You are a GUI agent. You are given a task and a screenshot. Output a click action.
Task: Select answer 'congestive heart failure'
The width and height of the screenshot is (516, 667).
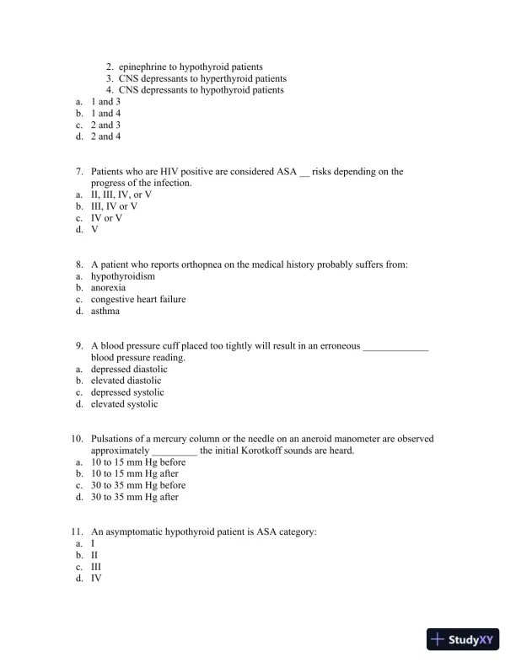point(138,299)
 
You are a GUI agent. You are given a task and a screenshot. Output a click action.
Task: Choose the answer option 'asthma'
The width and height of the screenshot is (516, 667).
point(105,311)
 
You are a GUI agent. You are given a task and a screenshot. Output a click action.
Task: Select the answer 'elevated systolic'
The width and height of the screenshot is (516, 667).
point(125,404)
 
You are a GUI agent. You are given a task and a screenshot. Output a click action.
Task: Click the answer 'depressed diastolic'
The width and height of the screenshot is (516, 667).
point(129,369)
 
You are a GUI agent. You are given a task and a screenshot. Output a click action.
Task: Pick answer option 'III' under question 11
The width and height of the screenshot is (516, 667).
point(97,567)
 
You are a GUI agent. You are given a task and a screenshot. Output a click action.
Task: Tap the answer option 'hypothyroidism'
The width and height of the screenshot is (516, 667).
point(123,276)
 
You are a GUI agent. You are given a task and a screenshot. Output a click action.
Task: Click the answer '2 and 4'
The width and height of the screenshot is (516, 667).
point(105,136)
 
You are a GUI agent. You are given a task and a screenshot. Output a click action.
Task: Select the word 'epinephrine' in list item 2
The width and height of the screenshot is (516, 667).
point(142,67)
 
